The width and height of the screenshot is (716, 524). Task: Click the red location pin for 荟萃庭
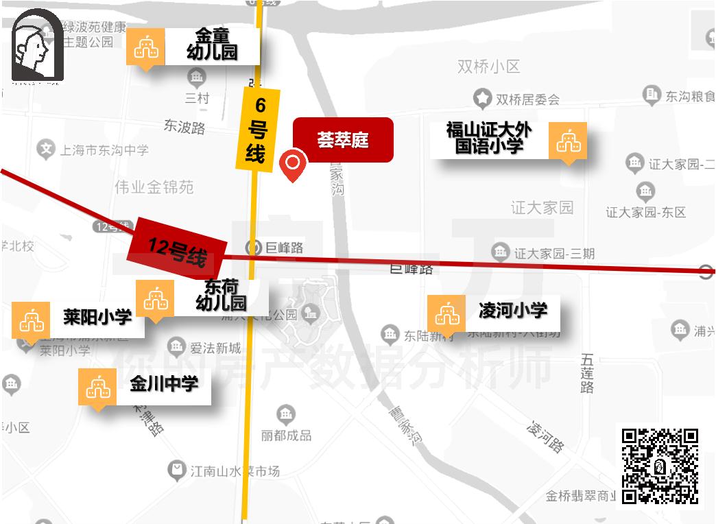(294, 164)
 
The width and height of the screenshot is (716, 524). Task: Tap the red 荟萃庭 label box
(343, 140)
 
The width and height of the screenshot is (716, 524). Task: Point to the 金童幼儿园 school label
(212, 45)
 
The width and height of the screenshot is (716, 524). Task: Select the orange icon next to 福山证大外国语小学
(568, 141)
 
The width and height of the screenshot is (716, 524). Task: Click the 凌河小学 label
(513, 311)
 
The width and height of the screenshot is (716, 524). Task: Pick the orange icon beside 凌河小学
(446, 314)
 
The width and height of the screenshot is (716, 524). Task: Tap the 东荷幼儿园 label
(221, 296)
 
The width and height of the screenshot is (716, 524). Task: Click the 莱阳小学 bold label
(97, 317)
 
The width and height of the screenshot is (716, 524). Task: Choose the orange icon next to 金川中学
(97, 387)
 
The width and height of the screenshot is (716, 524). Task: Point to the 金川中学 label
(164, 384)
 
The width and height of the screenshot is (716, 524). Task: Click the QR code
(659, 466)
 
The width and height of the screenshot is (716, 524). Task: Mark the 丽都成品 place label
(286, 435)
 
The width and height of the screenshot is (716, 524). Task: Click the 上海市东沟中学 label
(104, 150)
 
